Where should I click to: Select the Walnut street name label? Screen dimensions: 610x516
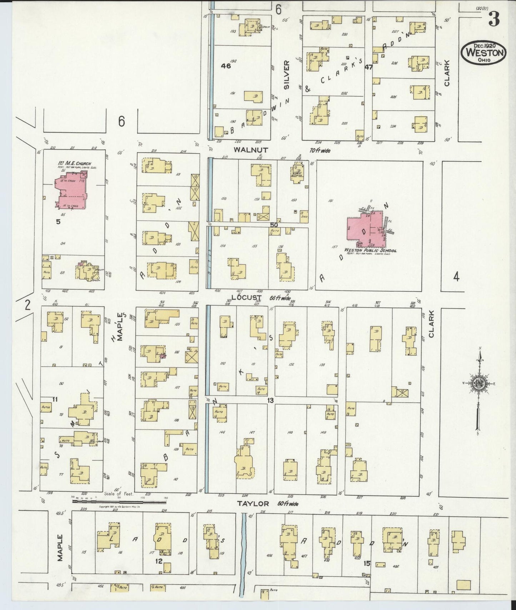tap(246, 150)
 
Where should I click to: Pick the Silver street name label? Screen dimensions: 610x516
tap(286, 74)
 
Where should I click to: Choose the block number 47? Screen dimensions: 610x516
tap(368, 67)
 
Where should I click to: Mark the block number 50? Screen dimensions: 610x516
tap(274, 225)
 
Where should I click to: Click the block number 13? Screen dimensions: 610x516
tap(270, 401)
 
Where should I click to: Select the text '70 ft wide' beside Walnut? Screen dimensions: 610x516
tap(320, 151)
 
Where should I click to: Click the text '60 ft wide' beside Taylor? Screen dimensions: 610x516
tap(287, 504)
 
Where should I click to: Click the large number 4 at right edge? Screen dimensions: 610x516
tap(456, 277)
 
